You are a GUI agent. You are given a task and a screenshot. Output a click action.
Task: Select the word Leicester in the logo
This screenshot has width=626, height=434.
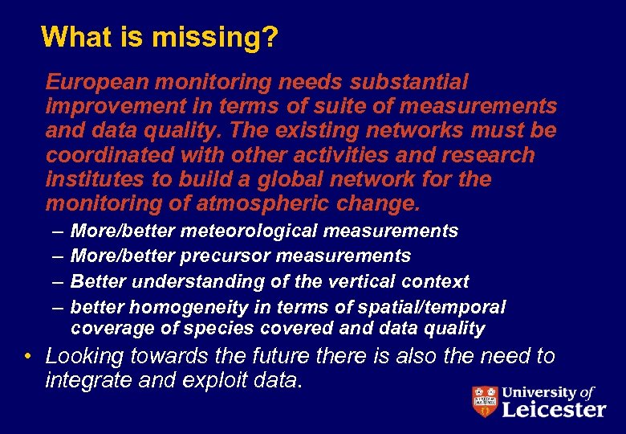pyautogui.click(x=554, y=410)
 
